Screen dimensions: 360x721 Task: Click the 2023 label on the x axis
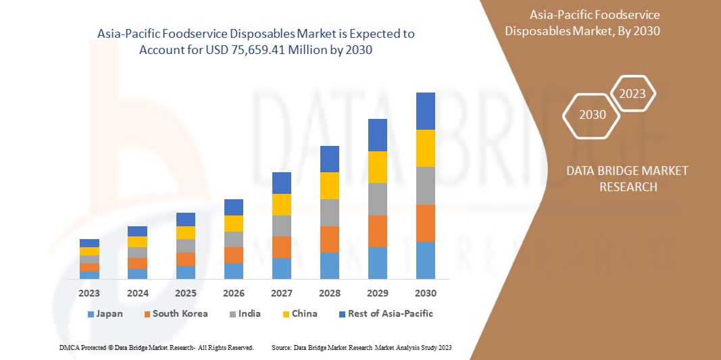[x=89, y=293]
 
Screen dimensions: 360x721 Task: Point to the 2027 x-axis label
[x=281, y=293]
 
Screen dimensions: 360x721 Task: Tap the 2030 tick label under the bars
[x=425, y=293]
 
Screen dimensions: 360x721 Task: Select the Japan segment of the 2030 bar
[x=425, y=260]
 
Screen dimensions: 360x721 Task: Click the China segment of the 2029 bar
[x=377, y=167]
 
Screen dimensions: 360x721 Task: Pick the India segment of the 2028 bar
[x=329, y=212]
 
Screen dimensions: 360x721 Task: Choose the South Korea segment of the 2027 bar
[x=281, y=247]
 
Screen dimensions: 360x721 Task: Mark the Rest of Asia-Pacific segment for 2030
[x=425, y=111]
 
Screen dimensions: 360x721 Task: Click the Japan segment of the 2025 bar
[x=185, y=272]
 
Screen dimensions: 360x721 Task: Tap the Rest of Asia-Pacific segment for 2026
[x=233, y=207]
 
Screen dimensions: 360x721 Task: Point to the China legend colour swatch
[x=287, y=314]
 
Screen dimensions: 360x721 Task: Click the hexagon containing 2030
[x=593, y=114]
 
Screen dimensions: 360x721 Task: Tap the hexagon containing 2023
[x=632, y=94]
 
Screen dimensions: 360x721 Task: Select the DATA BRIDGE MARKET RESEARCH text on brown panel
[x=628, y=178]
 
